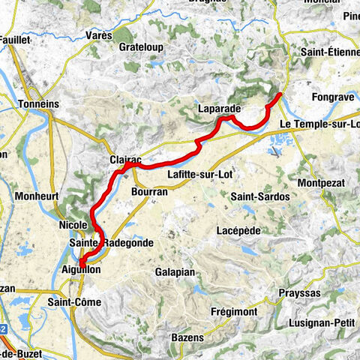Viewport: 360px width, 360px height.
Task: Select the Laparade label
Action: (x=219, y=108)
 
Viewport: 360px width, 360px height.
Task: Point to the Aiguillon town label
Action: (x=79, y=269)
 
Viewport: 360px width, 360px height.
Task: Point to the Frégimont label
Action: (x=235, y=311)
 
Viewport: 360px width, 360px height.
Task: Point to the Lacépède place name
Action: (x=238, y=230)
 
